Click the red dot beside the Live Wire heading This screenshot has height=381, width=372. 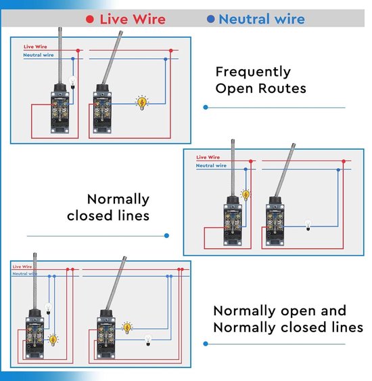coord(90,19)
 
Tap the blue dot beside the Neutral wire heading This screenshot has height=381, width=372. coord(211,19)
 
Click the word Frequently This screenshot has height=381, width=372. coord(253,72)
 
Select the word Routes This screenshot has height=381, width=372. coord(282,88)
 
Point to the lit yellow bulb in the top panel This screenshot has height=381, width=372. coord(142,102)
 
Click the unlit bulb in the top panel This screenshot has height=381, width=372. coord(72,83)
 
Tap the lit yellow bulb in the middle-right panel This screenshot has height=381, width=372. coord(246,195)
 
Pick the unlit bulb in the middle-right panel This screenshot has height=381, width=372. coord(308,225)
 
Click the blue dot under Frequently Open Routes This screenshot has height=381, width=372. coord(206,107)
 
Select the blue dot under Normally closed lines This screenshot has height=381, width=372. coord(166,235)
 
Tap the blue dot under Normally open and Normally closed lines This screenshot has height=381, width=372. coord(206,344)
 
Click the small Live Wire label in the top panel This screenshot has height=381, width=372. coord(35,47)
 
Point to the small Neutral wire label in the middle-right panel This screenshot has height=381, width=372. coord(211,165)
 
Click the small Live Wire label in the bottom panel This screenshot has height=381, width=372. coord(22,266)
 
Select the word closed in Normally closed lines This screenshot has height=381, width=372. coord(90,216)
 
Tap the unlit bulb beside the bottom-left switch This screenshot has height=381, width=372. coord(48,308)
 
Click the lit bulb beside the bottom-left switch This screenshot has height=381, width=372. coord(53,340)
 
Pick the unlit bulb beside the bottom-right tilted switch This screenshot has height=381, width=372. coord(148,340)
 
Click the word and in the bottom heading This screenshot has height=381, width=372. coord(333,311)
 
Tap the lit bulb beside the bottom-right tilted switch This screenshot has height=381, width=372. coord(127,327)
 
